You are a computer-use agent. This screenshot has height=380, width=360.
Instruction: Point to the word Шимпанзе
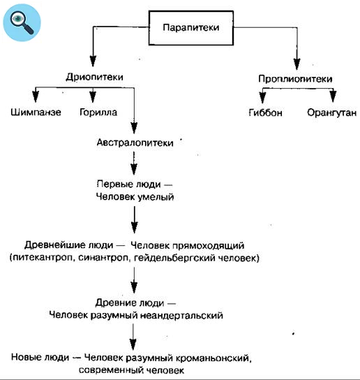36,112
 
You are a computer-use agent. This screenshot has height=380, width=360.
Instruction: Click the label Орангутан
331,112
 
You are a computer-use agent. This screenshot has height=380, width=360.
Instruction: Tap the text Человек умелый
135,198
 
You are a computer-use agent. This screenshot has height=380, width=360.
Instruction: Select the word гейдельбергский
181,258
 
